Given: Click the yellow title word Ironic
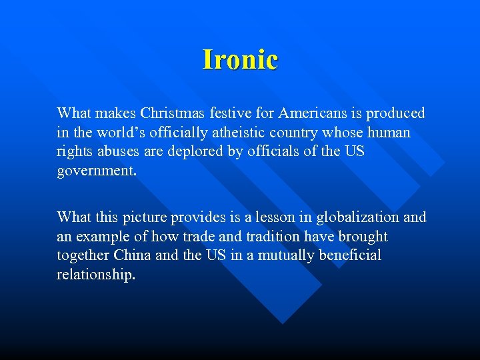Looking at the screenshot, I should pos(240,59).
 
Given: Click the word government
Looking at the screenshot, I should pos(95,171).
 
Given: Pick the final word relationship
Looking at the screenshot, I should pos(95,275).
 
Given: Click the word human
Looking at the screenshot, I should pos(389,133).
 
